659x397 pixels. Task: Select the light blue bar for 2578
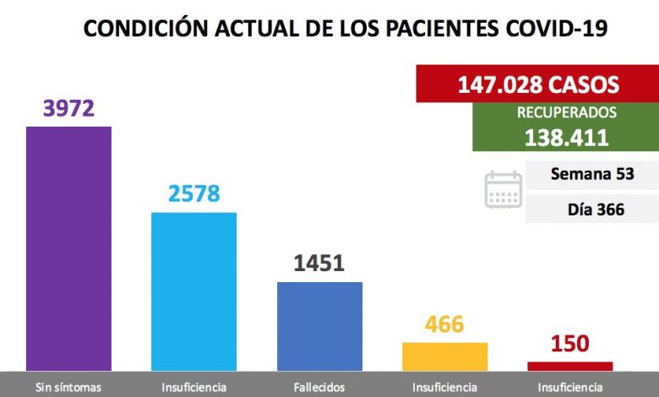(x=193, y=291)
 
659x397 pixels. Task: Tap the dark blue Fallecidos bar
(x=319, y=325)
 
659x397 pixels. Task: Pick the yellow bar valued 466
(x=444, y=356)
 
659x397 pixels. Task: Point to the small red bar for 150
(x=570, y=366)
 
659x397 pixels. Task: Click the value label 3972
(x=68, y=109)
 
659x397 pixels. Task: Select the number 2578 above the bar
(x=193, y=194)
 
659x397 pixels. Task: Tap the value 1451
(x=319, y=264)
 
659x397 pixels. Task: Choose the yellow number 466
(x=444, y=324)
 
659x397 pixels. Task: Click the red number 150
(x=569, y=345)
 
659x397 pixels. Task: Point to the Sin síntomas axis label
(x=68, y=388)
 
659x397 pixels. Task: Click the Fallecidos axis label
(x=319, y=388)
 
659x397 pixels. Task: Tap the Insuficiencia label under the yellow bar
(x=444, y=388)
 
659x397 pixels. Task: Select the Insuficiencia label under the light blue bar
(x=193, y=388)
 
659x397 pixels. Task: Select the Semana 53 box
(x=591, y=175)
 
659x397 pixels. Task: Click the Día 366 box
(x=591, y=209)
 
